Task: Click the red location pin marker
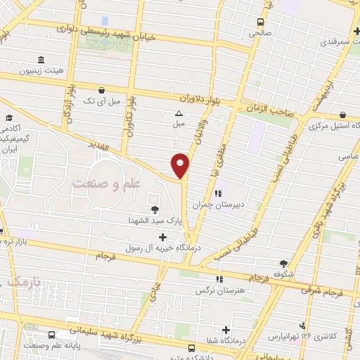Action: [181, 165]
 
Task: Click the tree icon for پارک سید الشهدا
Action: [155, 209]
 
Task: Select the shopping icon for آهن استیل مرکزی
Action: [342, 115]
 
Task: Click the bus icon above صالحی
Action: [260, 22]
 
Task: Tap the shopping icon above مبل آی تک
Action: [102, 90]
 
